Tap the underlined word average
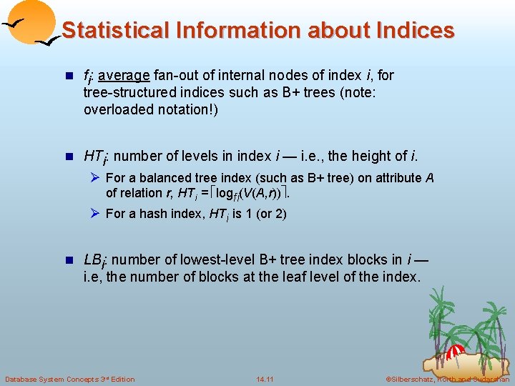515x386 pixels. [124, 75]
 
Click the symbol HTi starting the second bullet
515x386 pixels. [96, 157]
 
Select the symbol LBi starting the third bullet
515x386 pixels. [94, 260]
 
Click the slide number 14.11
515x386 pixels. [265, 378]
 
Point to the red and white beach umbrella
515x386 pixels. [455, 352]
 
